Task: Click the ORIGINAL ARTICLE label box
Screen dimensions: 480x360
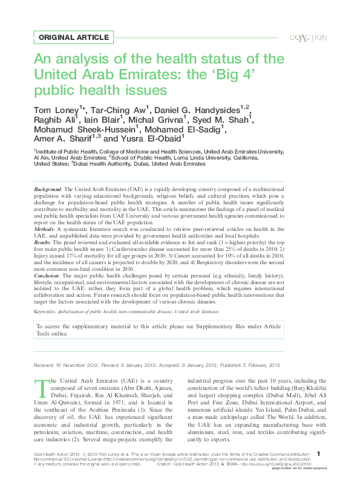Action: point(70,37)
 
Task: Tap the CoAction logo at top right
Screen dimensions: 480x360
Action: point(309,37)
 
